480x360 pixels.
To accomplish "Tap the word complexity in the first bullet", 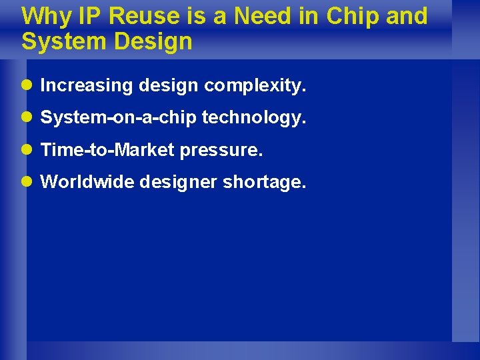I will pyautogui.click(x=255, y=85).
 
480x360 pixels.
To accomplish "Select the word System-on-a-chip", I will pyautogui.click(x=118, y=118).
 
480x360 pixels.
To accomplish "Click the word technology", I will pyautogui.click(x=254, y=118).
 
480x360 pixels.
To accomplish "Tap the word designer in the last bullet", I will pyautogui.click(x=178, y=183).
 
